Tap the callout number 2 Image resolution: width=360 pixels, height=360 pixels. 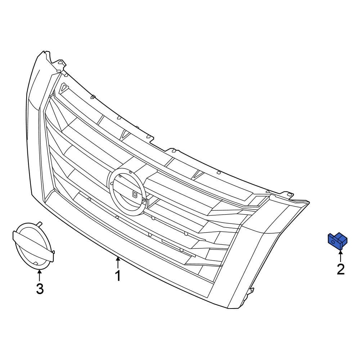340,269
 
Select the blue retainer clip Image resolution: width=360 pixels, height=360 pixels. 337,241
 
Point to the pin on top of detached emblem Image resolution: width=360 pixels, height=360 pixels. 40,224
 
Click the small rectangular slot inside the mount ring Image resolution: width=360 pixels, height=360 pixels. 135,194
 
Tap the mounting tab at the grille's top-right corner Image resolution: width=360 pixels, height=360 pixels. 288,195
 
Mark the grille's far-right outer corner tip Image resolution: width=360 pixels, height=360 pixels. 309,202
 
